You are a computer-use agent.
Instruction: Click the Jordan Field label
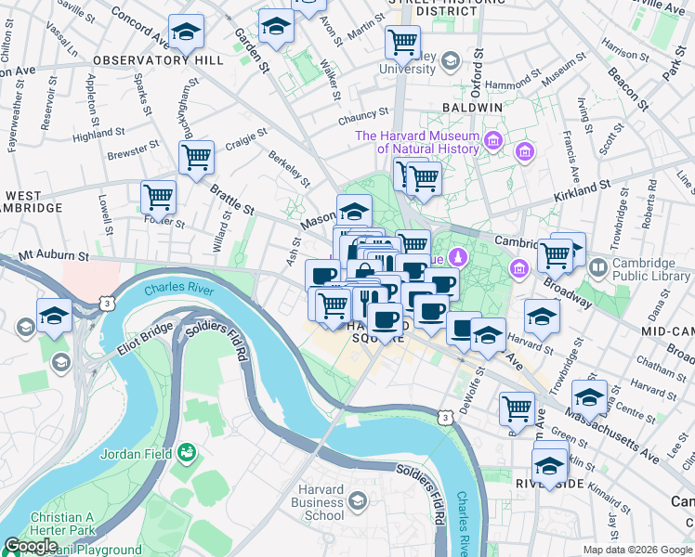click(139, 452)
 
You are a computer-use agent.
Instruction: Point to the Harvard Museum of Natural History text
click(418, 142)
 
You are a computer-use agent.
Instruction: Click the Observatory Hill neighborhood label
click(157, 59)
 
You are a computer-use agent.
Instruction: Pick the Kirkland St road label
click(583, 191)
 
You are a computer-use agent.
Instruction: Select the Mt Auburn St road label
click(53, 253)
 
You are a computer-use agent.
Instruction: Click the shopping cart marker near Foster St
click(158, 196)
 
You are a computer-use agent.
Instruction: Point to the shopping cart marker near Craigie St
click(196, 157)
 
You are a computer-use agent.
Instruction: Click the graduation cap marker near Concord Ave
click(187, 32)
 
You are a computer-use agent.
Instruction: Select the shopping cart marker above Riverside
click(518, 408)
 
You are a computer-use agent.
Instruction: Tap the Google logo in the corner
click(31, 545)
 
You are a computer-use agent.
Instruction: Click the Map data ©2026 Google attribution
click(637, 550)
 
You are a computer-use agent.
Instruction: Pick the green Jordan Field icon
click(187, 452)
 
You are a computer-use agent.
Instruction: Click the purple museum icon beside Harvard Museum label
click(492, 141)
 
